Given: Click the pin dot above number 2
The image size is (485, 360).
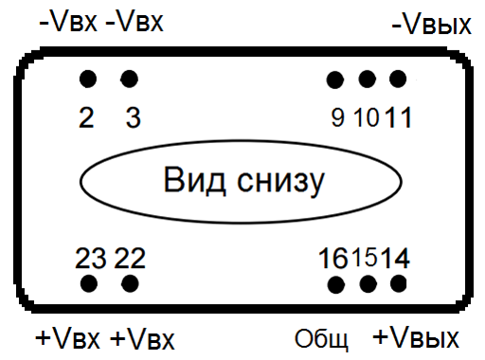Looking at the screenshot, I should pos(88,78).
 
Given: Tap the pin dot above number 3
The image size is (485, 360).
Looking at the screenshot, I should pos(130,78).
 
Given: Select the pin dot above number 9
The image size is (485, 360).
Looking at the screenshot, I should pos(335,79).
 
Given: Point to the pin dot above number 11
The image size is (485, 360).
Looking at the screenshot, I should pos(398,79).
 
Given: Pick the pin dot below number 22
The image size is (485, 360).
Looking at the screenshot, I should pos(130,282).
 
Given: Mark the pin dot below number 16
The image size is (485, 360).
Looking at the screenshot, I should pos(335,283).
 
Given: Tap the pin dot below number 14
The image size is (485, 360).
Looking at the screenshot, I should pos(398,283).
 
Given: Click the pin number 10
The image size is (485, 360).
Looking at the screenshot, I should pos(367,118).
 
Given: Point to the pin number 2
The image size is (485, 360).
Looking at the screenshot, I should pos(86,118).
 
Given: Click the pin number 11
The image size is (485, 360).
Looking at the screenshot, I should pos(399,118).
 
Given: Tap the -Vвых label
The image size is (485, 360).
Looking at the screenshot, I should pos(431,25).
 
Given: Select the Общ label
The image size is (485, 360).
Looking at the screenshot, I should pos(322,339).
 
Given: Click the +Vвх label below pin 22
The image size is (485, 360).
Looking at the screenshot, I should pos(143,339).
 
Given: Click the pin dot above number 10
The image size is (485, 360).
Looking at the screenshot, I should pos(368,79).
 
